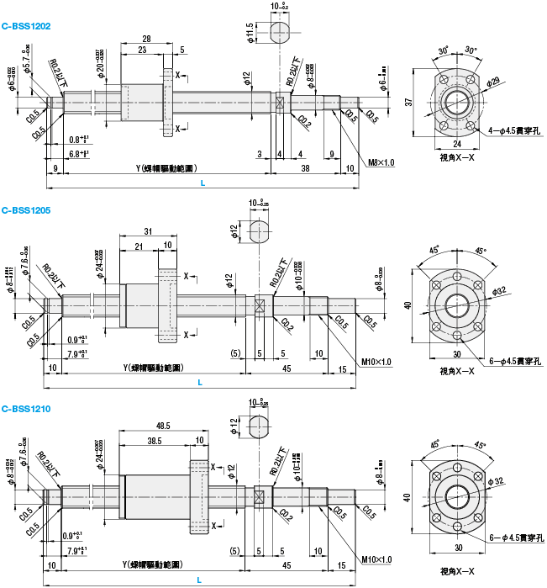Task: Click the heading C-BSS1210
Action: coord(26,410)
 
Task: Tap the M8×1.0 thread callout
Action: coord(381,162)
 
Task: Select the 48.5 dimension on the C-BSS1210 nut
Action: coord(164,426)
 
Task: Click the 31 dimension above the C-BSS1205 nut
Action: coord(148,231)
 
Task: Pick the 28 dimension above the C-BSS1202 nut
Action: coord(147,39)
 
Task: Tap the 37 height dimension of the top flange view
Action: coord(409,102)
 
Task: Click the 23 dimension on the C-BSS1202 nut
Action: coord(142,50)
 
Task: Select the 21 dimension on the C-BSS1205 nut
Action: coord(139,245)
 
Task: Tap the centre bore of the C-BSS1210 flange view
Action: coord(458,493)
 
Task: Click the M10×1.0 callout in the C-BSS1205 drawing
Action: coord(376,362)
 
